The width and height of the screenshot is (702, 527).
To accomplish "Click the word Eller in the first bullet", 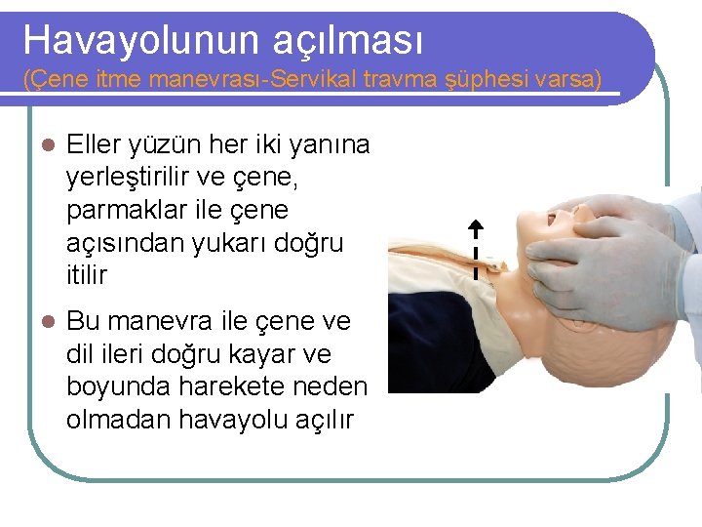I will click(x=95, y=145).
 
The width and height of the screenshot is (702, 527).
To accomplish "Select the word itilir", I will click(x=87, y=275).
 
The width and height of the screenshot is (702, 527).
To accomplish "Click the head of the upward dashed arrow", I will click(x=475, y=227).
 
